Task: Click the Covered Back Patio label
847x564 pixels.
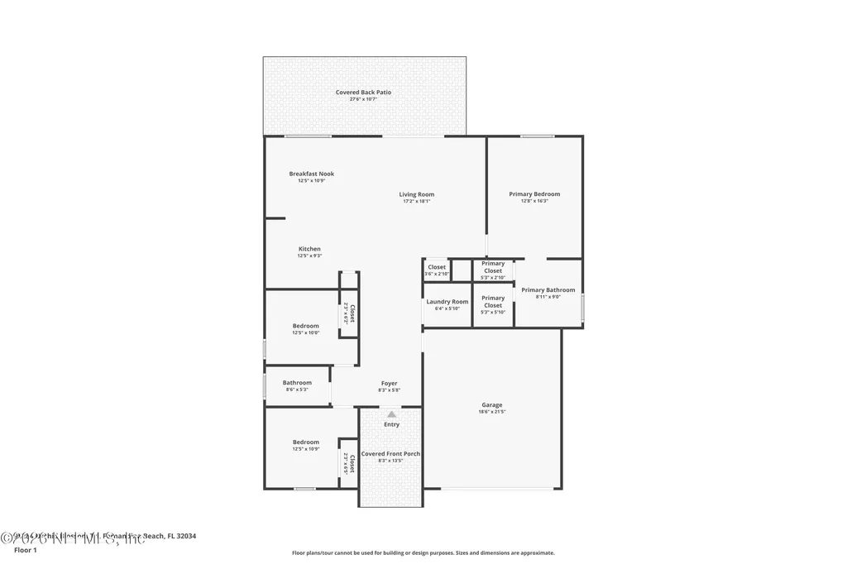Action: pos(363,93)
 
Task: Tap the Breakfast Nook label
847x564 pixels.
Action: pos(311,174)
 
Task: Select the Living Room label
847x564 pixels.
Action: pos(417,194)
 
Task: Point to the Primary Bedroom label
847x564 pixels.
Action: pos(534,194)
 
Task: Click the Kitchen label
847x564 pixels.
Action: pos(309,249)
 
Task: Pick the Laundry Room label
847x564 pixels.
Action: pos(447,302)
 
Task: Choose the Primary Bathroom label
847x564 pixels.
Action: pos(548,290)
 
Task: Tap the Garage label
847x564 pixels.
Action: pos(491,405)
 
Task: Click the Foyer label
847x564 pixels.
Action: pos(389,384)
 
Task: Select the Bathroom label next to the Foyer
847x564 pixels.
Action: pos(297,383)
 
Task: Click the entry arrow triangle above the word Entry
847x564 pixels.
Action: pos(391,414)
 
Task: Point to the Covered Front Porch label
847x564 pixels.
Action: pos(390,454)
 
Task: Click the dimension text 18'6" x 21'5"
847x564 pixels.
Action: pos(491,411)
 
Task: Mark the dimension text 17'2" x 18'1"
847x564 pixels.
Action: pos(418,201)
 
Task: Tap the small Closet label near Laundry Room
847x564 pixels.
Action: pos(437,267)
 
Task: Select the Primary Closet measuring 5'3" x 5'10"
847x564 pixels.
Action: pos(493,301)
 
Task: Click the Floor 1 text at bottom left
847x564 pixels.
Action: pos(26,550)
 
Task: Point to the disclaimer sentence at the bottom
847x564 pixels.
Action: pos(423,553)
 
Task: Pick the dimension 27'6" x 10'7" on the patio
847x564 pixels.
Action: pos(363,99)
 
